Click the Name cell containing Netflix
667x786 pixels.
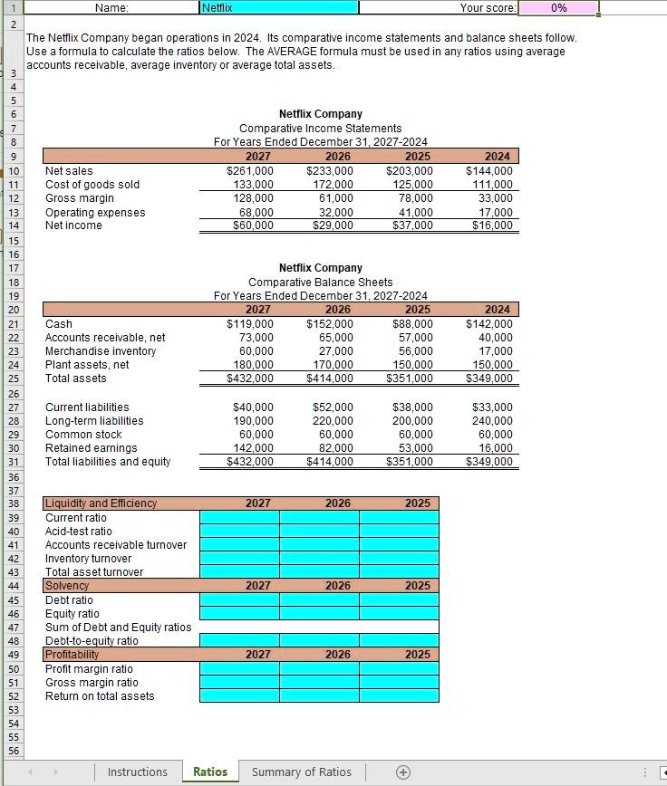(x=278, y=7)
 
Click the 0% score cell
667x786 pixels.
(x=559, y=7)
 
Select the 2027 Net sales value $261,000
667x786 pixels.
(x=250, y=171)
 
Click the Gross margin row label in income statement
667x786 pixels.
(x=80, y=198)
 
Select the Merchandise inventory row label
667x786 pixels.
(x=101, y=351)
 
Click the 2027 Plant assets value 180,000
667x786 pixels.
(x=253, y=365)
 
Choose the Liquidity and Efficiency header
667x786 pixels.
(x=101, y=503)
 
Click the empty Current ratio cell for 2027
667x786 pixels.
(x=239, y=518)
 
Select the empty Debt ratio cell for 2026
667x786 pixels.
(x=319, y=600)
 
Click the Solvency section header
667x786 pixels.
(x=67, y=586)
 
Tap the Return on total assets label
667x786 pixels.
(x=100, y=696)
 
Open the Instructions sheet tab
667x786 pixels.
(x=137, y=772)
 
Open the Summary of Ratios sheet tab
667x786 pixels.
(x=301, y=772)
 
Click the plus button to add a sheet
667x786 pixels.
(x=403, y=772)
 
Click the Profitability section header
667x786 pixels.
(x=72, y=655)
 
